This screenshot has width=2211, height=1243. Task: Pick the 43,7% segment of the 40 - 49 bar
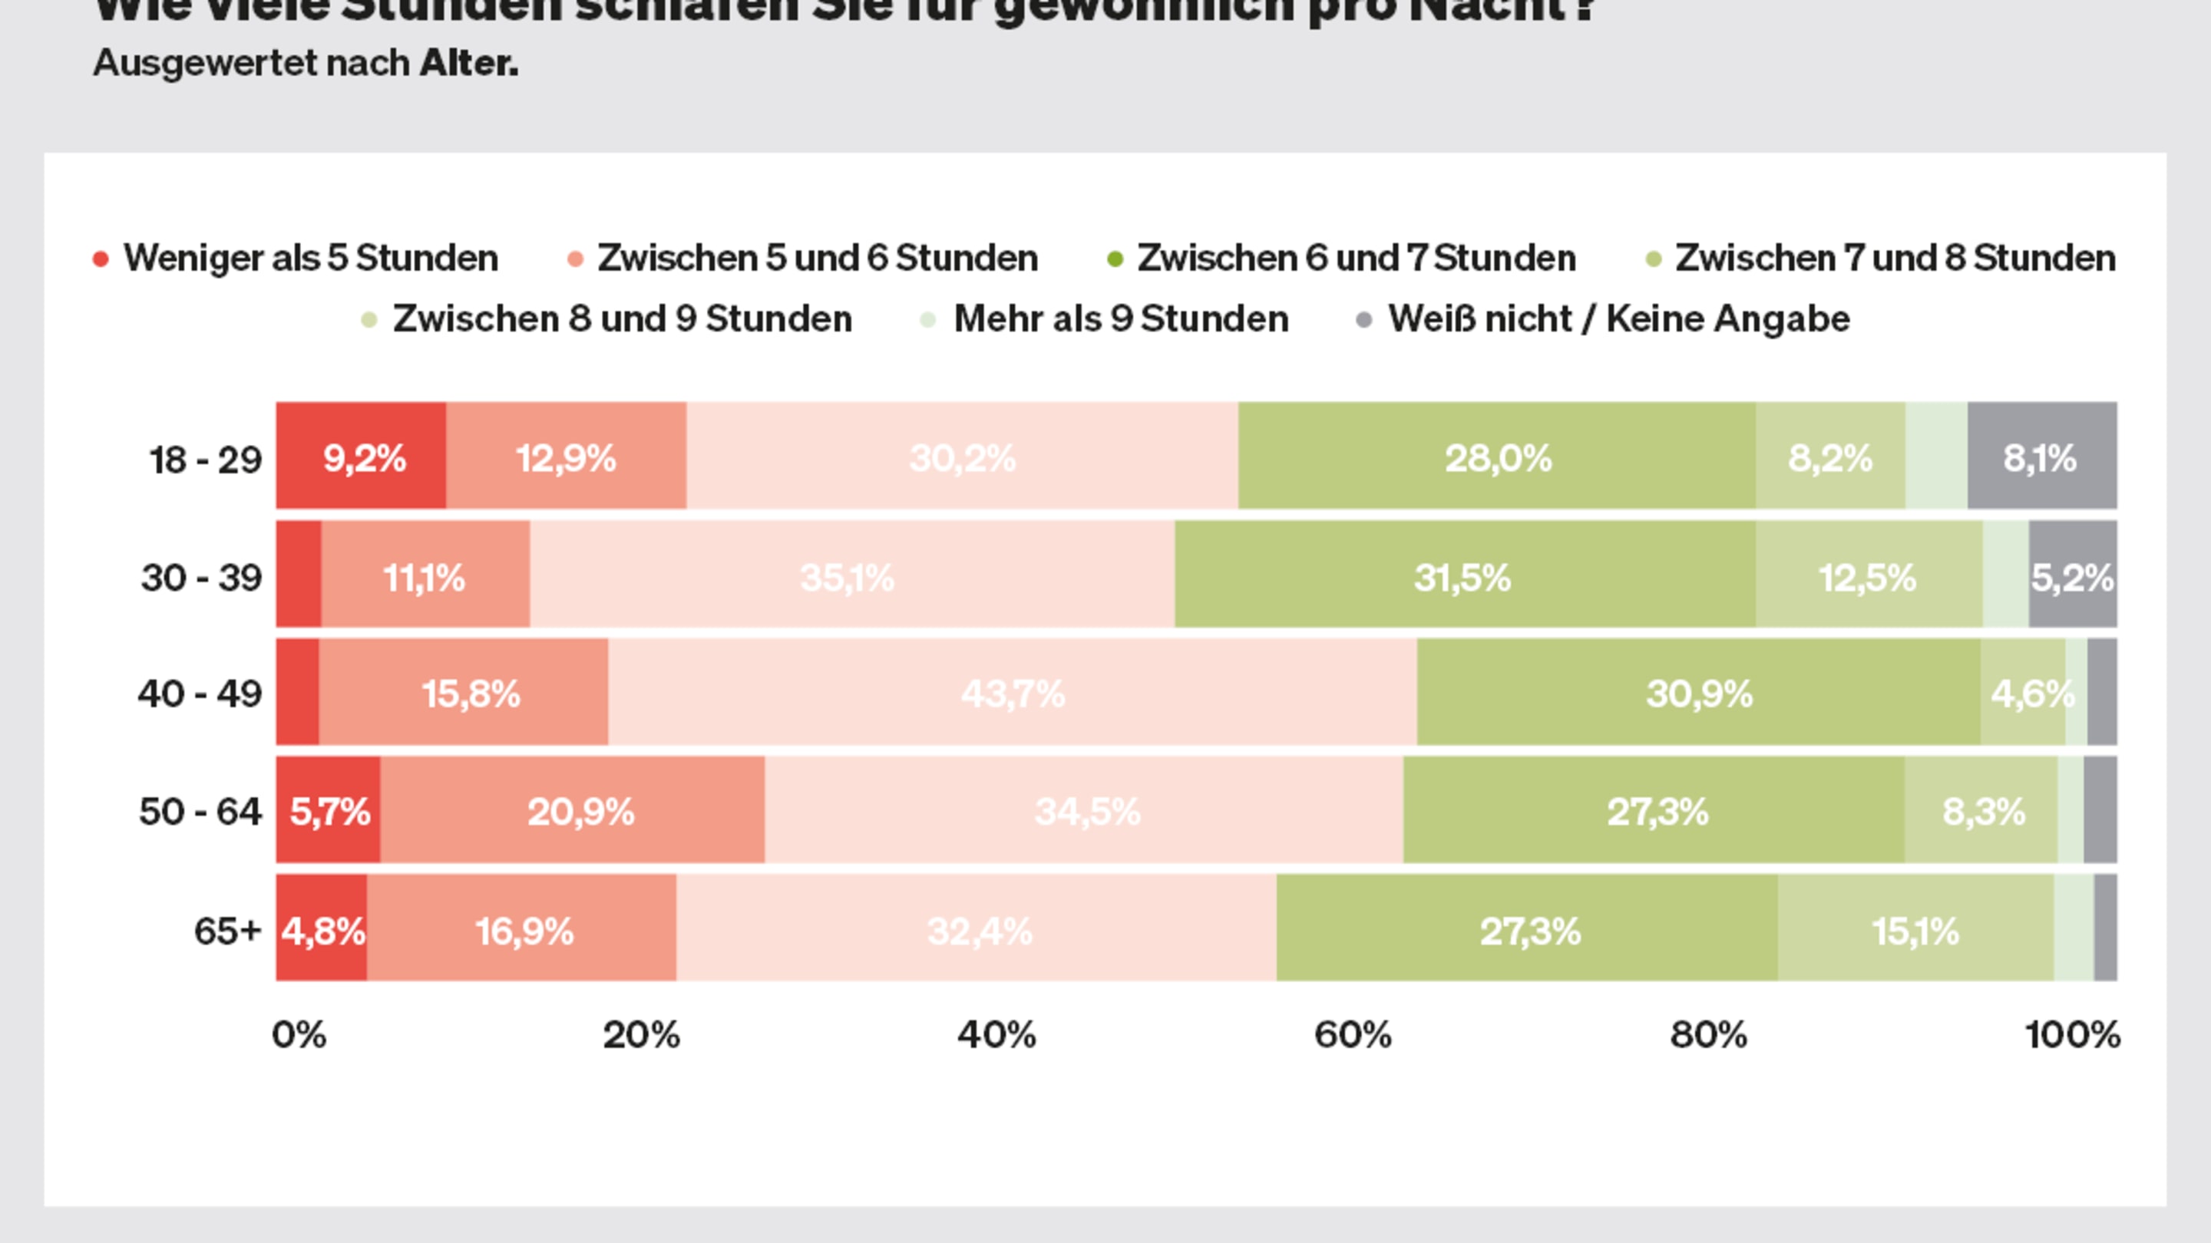coord(1013,692)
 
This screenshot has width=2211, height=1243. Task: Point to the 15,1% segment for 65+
coord(1915,930)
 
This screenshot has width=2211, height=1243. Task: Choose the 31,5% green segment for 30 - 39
coord(1463,575)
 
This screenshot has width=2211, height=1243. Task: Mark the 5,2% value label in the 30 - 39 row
coord(2072,577)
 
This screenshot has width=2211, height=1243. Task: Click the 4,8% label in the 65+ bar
coord(322,931)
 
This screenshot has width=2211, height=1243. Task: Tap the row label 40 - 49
coord(200,693)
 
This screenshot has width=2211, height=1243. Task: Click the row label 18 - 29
coord(205,460)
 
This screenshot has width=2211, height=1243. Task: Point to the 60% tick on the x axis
coord(1353,1034)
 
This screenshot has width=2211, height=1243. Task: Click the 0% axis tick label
coord(299,1034)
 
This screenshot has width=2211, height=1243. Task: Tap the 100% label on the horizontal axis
coord(2072,1034)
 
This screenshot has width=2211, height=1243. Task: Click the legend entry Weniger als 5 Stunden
coord(311,257)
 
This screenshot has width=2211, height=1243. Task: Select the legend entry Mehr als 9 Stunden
coord(1120,319)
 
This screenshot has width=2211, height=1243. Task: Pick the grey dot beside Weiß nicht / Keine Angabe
coord(1364,320)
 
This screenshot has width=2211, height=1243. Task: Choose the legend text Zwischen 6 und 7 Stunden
coord(1356,257)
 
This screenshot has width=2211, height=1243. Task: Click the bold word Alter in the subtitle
coord(468,63)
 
